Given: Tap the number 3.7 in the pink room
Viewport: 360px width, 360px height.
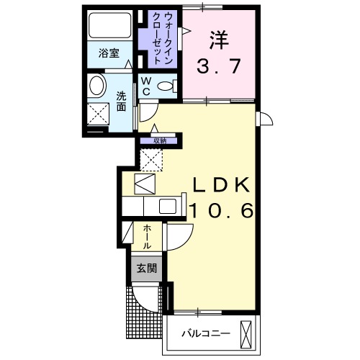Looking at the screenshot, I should (x=220, y=69).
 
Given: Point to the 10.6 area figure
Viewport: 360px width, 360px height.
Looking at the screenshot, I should (x=220, y=210).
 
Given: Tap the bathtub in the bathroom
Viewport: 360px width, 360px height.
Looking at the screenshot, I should (x=109, y=27).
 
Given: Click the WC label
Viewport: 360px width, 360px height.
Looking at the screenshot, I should (x=145, y=87).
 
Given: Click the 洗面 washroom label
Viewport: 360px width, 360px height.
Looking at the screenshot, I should (x=121, y=101).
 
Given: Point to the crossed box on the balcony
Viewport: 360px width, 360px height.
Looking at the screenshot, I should (x=246, y=333).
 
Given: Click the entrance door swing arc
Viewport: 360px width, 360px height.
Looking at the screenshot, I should (x=148, y=299).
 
